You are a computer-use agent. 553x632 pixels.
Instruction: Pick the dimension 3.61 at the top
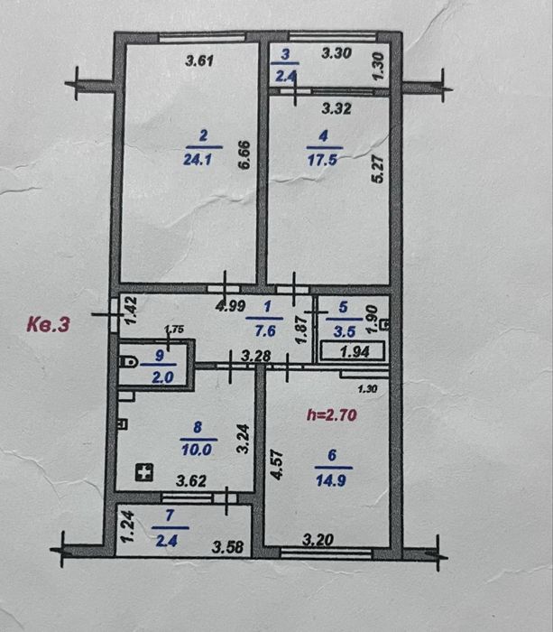(x=198, y=61)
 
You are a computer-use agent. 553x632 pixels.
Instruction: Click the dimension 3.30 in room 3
(x=337, y=54)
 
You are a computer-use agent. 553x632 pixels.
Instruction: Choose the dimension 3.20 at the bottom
(x=318, y=541)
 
